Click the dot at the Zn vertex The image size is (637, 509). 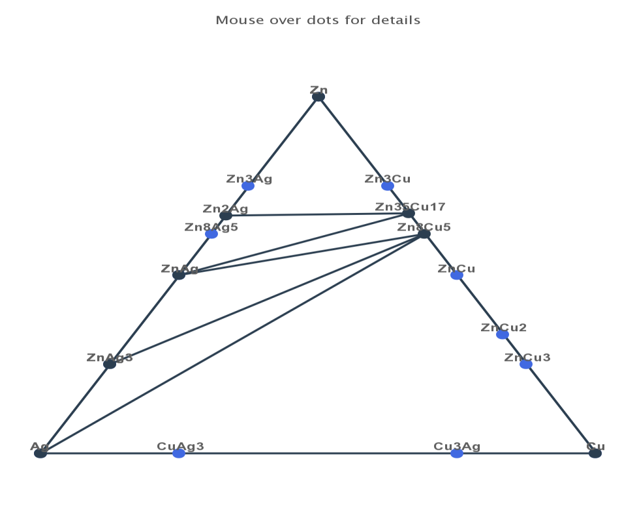coord(318,97)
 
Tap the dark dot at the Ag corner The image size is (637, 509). coord(40,453)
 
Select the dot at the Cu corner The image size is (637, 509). coord(595,453)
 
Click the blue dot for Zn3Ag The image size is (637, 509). coord(248,186)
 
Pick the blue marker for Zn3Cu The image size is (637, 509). coord(388,186)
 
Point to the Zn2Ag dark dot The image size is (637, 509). coord(226,216)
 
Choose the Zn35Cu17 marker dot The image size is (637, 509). coord(409,213)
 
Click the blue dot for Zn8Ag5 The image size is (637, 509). coord(211,233)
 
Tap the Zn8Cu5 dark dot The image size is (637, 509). coord(424,233)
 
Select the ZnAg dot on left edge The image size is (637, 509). coord(179,275)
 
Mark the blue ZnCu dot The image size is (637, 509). coord(457,275)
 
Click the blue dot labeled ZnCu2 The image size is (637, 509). coord(503,335)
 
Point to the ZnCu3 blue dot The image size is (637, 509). coord(526,364)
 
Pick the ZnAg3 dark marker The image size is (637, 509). coord(110,364)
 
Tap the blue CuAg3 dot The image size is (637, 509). coord(179,453)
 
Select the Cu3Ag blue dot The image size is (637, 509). coord(457,453)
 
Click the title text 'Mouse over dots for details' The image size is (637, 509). coord(318,20)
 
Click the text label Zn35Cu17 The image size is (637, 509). coord(410,206)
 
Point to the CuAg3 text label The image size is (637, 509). coord(180,446)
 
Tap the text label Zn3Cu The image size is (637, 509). coord(388,178)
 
